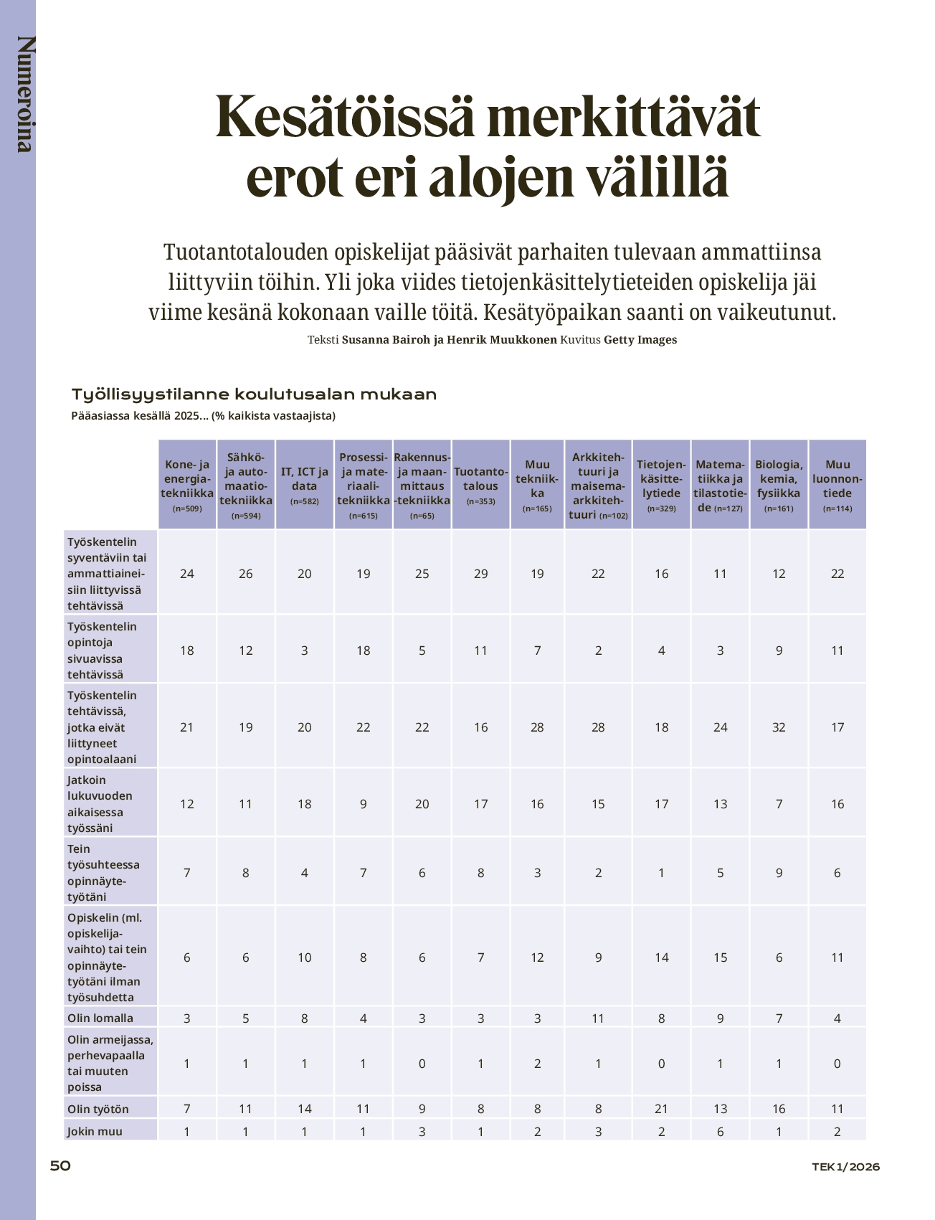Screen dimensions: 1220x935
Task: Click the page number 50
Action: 60,1165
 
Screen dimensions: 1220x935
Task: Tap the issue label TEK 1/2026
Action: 845,1166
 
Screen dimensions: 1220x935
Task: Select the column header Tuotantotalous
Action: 480,478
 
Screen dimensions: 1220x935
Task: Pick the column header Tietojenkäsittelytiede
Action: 661,478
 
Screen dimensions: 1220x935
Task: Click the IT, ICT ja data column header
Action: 305,478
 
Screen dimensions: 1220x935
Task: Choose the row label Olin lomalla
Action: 100,1018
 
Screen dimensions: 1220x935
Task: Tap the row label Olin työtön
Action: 98,1109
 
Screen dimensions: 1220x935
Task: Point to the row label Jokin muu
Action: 95,1131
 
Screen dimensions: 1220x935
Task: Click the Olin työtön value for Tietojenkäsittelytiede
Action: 661,1109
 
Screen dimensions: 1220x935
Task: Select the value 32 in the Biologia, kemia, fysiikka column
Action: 779,727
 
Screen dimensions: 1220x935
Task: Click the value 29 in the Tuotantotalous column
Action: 480,574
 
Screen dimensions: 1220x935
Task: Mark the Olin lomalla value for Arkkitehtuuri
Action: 598,1018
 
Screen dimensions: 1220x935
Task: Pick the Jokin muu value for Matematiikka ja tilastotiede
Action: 720,1132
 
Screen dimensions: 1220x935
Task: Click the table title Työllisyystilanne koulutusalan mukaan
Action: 254,394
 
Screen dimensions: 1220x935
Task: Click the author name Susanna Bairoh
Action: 386,340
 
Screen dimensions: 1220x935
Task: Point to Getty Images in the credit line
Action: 640,340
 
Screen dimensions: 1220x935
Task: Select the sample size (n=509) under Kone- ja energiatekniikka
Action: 187,509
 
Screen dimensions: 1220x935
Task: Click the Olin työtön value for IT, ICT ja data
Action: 305,1109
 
